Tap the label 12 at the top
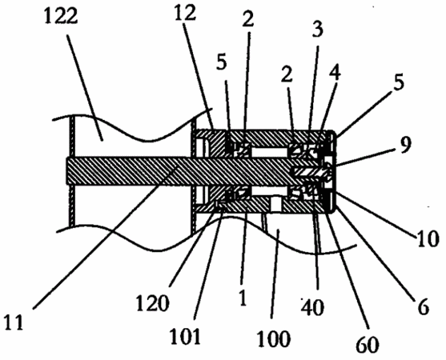click(185, 14)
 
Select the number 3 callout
click(318, 30)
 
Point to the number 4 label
click(335, 70)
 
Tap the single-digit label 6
click(423, 307)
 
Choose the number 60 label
click(368, 343)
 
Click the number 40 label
click(313, 307)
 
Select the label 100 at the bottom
click(273, 338)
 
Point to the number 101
click(185, 336)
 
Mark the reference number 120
click(153, 302)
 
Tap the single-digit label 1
click(243, 298)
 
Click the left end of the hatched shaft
click(66, 171)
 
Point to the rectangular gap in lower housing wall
click(275, 205)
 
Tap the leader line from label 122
click(85, 87)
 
